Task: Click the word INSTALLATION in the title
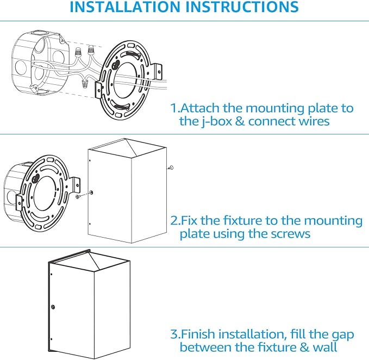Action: coord(126,7)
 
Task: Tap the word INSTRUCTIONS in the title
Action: coord(242,7)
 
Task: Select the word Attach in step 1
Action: coord(200,108)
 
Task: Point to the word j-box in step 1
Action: coord(217,122)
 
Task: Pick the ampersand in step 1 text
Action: coord(240,121)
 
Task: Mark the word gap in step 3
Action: coord(343,336)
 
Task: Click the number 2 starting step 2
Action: coord(174,221)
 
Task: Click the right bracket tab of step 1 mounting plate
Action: coord(158,71)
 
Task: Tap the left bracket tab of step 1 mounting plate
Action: coord(98,90)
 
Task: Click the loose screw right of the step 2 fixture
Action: coord(171,168)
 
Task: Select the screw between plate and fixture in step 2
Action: coord(79,196)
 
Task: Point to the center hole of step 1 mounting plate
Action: coord(125,80)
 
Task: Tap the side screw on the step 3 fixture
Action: coord(53,307)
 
